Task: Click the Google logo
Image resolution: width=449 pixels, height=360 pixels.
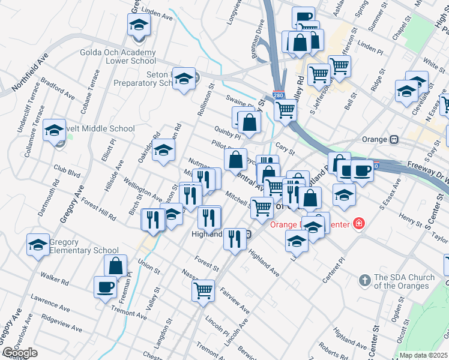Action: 20,353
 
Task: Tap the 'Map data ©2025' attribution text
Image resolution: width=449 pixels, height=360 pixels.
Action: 423,355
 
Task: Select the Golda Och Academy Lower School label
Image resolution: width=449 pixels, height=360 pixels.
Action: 118,56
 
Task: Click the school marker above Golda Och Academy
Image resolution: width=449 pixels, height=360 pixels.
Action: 139,26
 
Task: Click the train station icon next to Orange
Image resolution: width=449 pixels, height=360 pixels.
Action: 394,139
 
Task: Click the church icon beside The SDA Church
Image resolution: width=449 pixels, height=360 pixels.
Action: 364,280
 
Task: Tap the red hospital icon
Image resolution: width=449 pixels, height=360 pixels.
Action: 359,224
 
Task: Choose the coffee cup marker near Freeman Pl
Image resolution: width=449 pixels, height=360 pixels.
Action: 105,286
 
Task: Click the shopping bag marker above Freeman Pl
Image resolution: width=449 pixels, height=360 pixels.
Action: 115,265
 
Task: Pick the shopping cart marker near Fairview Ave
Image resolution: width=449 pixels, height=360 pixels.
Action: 203,290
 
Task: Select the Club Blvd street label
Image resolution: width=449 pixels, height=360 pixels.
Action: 67,173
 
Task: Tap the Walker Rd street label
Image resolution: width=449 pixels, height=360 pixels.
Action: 52,277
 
